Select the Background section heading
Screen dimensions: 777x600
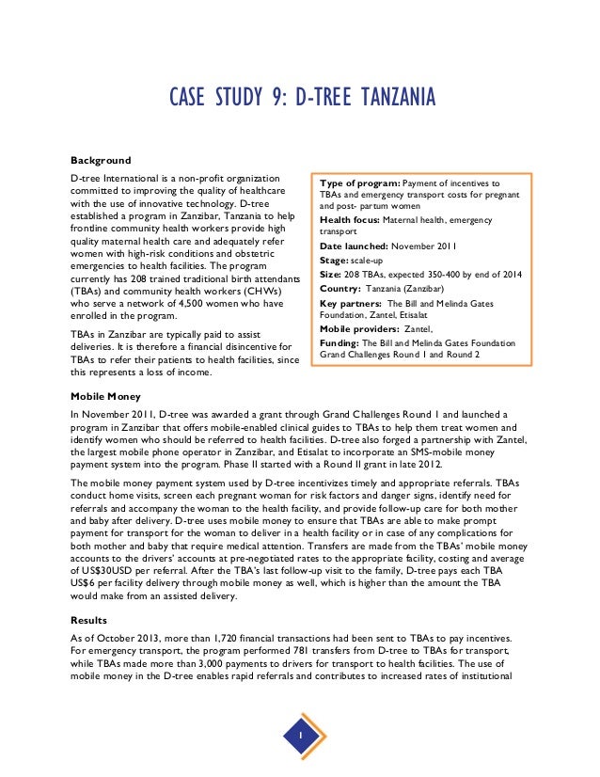tap(101, 160)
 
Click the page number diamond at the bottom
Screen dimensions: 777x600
tap(299, 735)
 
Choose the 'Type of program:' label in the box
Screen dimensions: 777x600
tap(361, 182)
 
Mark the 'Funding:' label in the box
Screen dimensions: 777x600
tap(341, 344)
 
